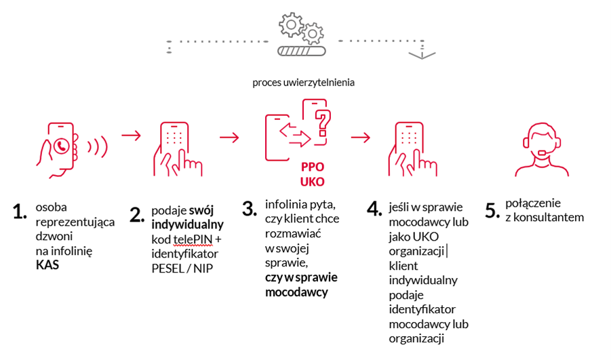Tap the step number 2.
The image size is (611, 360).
click(138, 214)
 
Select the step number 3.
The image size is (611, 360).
click(251, 207)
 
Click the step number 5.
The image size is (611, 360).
click(492, 210)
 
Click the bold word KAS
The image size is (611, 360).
click(47, 265)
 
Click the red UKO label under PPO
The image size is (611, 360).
click(312, 182)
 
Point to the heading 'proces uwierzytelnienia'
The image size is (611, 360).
click(304, 83)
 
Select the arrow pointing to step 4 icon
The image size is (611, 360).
click(361, 137)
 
